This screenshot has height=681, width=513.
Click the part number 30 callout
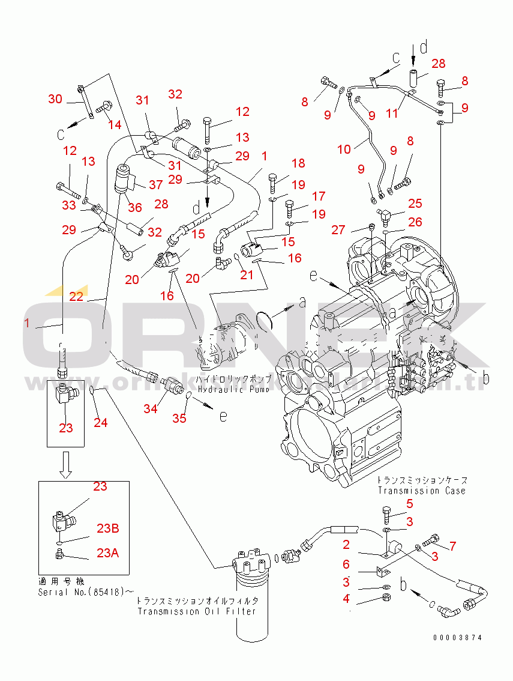click(x=55, y=99)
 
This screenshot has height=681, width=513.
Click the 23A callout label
click(x=108, y=553)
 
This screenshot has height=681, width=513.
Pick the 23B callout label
click(x=108, y=528)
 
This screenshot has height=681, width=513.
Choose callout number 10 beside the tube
click(x=344, y=149)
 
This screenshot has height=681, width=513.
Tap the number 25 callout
click(x=415, y=204)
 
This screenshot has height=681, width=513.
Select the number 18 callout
click(x=298, y=163)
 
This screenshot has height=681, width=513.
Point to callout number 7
click(x=452, y=546)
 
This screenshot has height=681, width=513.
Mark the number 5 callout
click(x=410, y=503)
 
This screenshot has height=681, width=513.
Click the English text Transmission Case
click(x=421, y=491)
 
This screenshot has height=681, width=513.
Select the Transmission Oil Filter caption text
click(x=197, y=611)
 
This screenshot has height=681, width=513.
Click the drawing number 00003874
click(x=457, y=638)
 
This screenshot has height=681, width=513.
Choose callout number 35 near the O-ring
click(x=179, y=419)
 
